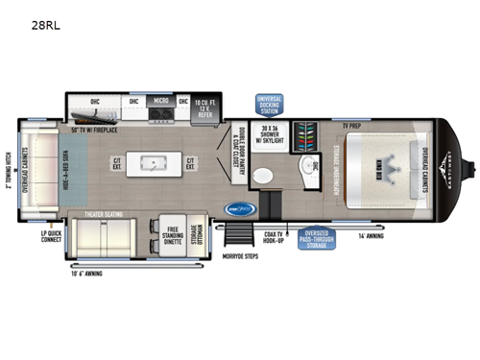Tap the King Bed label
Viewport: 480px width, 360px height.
[x=372, y=162]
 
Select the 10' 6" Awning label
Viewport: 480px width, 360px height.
[x=87, y=274]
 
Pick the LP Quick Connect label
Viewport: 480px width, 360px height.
[x=51, y=235]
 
